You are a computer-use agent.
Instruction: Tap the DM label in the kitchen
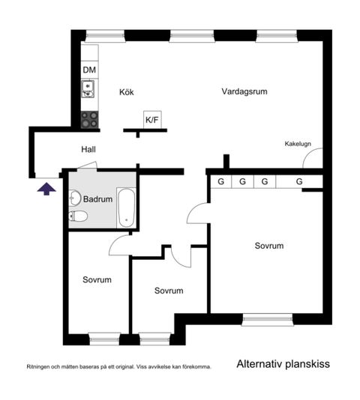89,71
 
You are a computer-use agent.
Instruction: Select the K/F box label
152,119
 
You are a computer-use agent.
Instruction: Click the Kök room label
127,93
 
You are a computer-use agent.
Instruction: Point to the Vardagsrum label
244,91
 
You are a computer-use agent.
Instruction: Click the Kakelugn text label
298,144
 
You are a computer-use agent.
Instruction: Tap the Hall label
88,150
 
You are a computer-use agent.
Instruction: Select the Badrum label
97,199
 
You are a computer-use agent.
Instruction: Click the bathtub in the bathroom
127,209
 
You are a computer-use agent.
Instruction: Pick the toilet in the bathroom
78,217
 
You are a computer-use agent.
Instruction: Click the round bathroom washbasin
74,199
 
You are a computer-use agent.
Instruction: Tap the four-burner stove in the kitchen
89,118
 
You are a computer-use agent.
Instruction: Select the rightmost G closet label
298,181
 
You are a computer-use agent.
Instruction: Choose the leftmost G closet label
220,181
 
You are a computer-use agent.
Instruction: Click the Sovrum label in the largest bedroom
268,246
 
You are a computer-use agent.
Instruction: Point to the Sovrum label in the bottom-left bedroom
97,279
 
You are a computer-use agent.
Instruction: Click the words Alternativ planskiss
283,365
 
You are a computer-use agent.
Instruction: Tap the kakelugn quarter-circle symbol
316,160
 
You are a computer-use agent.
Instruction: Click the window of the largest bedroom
267,320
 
